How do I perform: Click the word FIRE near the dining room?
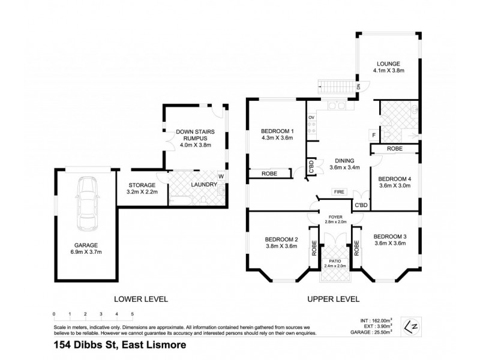click(x=339, y=192)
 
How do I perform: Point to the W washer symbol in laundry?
click(x=221, y=176)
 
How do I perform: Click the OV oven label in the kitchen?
click(x=311, y=118)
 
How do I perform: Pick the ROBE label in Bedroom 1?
click(x=268, y=174)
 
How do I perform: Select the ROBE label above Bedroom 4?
click(x=394, y=148)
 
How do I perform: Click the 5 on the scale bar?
click(x=132, y=314)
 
